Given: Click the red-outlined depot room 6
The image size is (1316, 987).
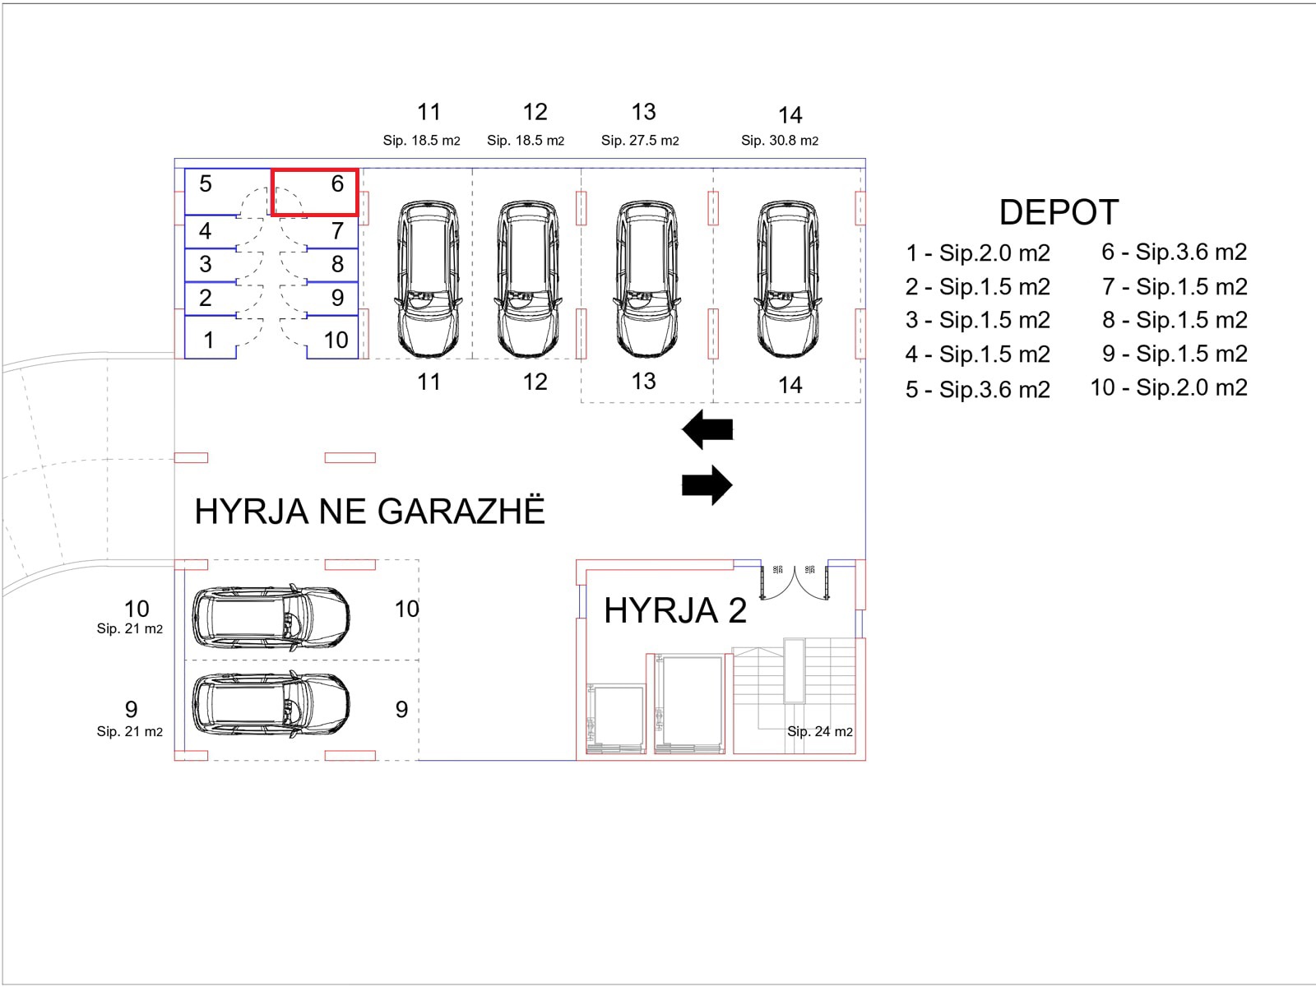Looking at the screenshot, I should point(315,192).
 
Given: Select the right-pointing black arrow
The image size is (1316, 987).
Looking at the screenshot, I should point(707,484).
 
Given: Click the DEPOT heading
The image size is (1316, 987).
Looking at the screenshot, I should point(1059,212).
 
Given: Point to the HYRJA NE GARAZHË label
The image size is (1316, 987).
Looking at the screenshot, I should point(369,512).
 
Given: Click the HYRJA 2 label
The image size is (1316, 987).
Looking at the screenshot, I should point(674,611).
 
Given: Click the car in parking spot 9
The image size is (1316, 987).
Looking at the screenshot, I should point(271,705).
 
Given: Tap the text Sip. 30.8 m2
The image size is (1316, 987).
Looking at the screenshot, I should point(779,141).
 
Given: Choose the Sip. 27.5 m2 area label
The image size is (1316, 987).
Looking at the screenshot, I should point(640,141).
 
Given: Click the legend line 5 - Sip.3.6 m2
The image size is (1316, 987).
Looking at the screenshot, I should point(977,389).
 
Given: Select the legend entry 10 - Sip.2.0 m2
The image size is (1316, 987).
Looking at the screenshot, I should point(1169,387).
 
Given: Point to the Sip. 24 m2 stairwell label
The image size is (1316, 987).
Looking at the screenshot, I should point(819,731).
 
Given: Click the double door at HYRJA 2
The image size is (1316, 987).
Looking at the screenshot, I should point(795,581).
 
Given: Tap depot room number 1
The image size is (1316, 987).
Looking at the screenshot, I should point(209,340).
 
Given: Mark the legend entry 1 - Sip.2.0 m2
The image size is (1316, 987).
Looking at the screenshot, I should point(977,253).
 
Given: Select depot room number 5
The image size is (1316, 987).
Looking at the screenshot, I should point(206,184).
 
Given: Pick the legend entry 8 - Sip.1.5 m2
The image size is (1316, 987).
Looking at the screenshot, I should point(1175,320).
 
